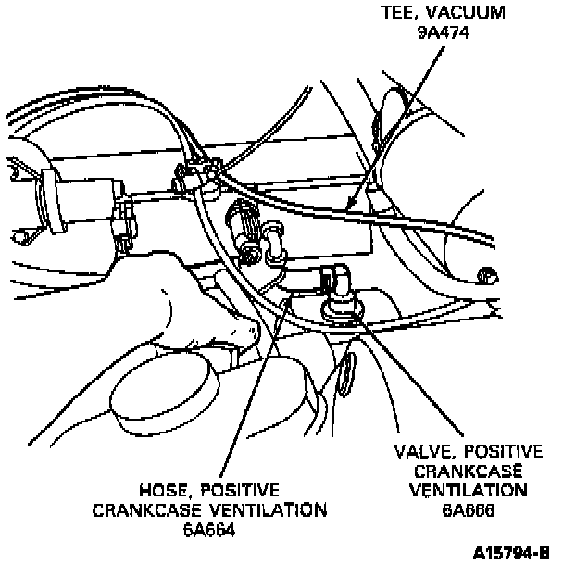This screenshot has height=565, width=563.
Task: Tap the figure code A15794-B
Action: tap(510, 553)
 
